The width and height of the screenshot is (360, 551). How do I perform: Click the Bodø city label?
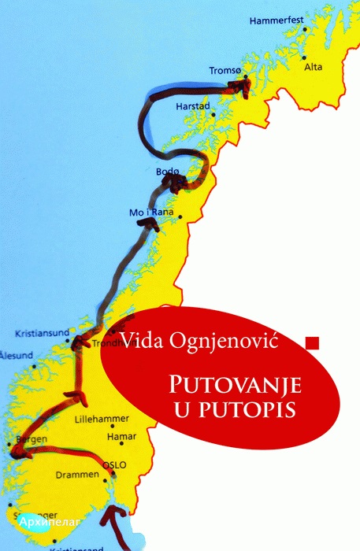click(169, 172)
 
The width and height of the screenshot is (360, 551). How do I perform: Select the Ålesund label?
click(13, 353)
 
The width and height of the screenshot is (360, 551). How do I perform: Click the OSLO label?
click(117, 464)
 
